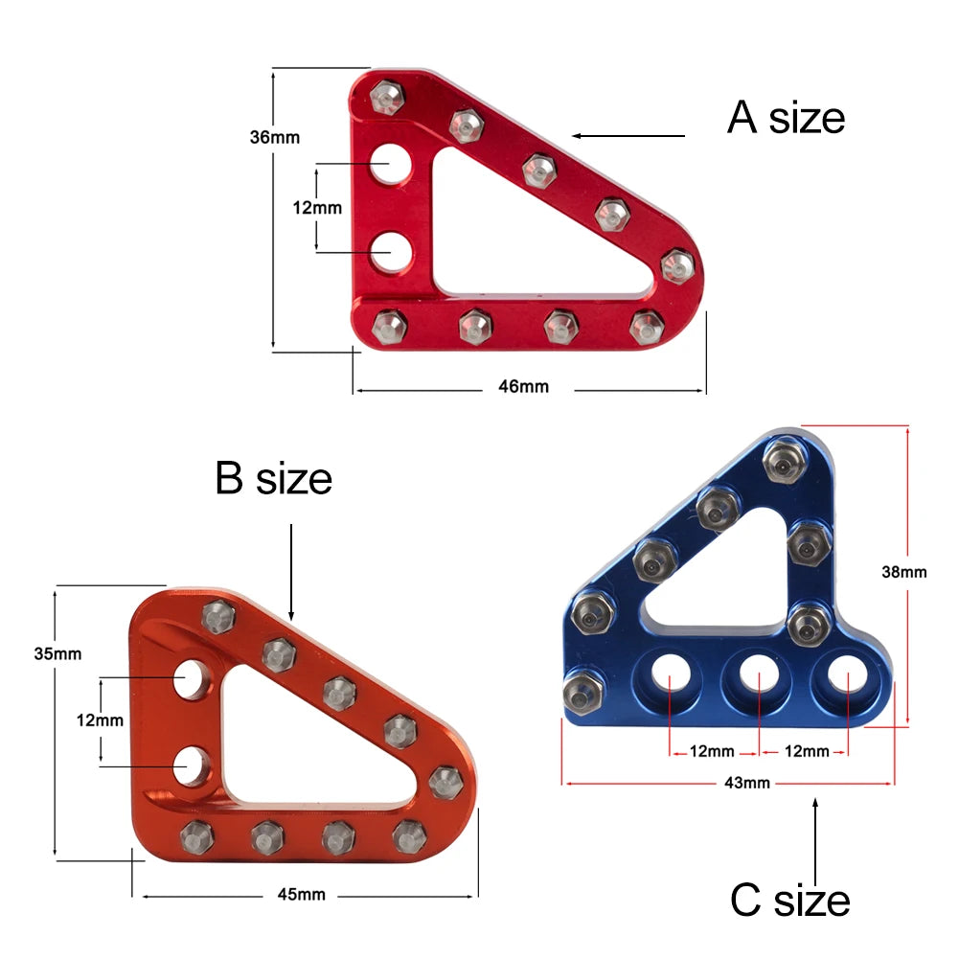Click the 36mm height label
[274, 137]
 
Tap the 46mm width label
[524, 387]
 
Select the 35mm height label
[57, 654]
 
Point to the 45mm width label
[301, 895]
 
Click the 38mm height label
[904, 573]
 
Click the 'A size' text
[786, 118]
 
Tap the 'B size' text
[273, 478]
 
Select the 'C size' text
[789, 901]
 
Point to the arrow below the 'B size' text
[291, 570]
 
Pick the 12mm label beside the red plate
[317, 207]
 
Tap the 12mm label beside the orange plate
[100, 720]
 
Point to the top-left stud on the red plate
[389, 96]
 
